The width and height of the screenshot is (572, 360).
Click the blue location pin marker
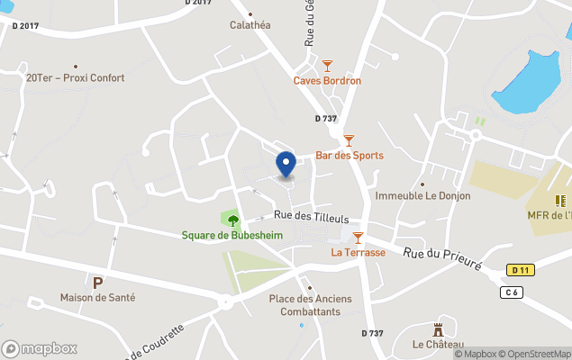(286, 165)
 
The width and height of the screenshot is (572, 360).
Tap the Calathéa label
(250, 25)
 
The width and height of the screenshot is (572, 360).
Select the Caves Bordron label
(327, 80)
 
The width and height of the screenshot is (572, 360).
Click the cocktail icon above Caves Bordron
(327, 66)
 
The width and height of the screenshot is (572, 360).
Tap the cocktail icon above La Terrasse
(358, 238)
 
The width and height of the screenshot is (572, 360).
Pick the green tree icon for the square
(233, 220)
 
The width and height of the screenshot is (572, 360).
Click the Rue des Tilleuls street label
(311, 216)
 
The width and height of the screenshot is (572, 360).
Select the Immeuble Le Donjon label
(422, 195)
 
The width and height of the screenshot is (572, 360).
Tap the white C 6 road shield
(512, 292)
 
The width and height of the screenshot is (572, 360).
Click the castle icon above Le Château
(439, 330)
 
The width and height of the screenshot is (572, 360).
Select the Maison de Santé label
(97, 297)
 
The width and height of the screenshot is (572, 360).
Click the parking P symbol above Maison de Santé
(97, 282)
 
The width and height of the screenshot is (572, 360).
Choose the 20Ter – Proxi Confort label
(76, 78)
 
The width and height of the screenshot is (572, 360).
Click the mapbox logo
(40, 348)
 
